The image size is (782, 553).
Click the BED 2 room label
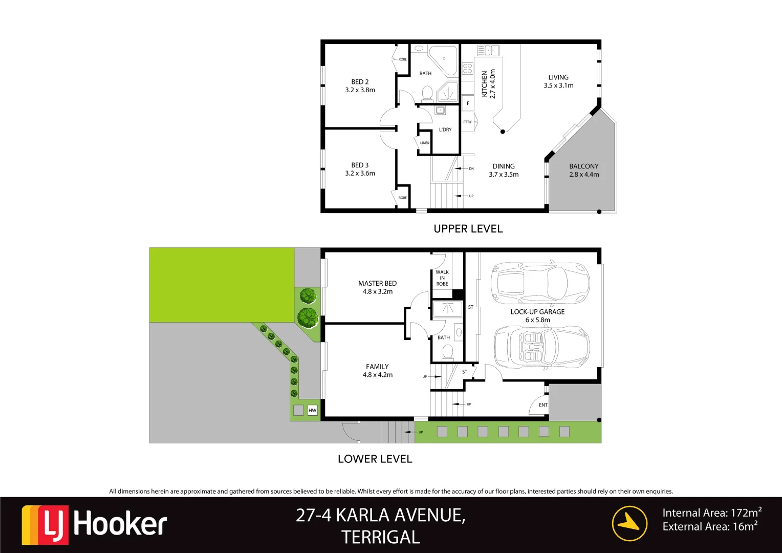(x=360, y=82)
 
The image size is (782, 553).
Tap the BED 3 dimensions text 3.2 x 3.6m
(x=360, y=174)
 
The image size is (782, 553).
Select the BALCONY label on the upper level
(x=583, y=166)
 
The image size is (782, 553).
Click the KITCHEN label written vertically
(x=485, y=84)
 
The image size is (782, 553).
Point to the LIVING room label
(x=558, y=77)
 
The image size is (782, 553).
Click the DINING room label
(x=504, y=166)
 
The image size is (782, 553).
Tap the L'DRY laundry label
(x=445, y=130)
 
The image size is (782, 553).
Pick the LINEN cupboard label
(x=425, y=143)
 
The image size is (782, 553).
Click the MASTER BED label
(x=377, y=283)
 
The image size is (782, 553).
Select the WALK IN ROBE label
(x=442, y=278)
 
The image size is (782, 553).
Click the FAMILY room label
(x=377, y=367)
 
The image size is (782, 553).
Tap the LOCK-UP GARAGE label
(x=537, y=312)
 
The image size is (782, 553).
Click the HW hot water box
(x=313, y=410)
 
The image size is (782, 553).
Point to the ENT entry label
(x=543, y=405)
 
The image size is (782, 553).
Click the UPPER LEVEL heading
(x=468, y=229)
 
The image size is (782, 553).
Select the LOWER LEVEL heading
(x=375, y=459)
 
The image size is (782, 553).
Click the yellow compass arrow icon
(x=629, y=523)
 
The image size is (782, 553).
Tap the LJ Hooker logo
(x=95, y=524)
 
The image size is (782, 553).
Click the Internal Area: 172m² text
(x=711, y=513)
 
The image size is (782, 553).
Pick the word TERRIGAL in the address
(x=381, y=537)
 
